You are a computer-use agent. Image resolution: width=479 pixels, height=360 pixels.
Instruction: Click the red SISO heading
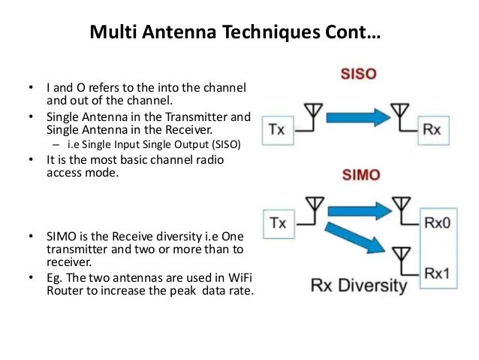point(357,76)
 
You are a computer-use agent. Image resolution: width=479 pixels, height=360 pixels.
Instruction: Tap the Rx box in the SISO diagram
point(432,130)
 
